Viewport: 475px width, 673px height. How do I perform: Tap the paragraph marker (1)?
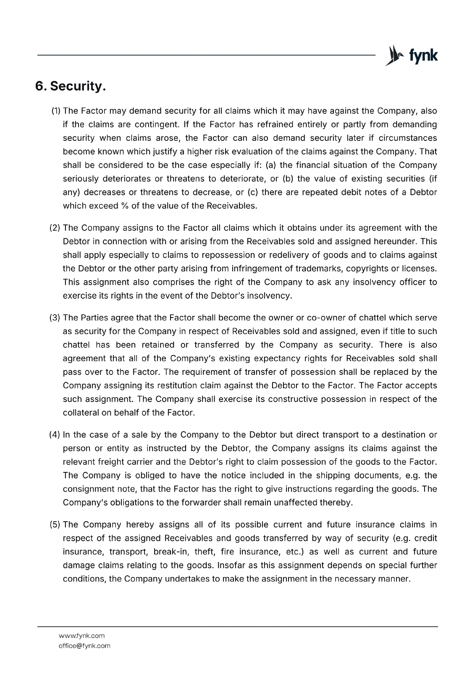pos(56,111)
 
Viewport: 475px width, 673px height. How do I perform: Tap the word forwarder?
pos(180,502)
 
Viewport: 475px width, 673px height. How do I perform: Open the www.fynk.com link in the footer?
pos(81,636)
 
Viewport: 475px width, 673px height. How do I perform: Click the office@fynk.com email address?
pos(84,646)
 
